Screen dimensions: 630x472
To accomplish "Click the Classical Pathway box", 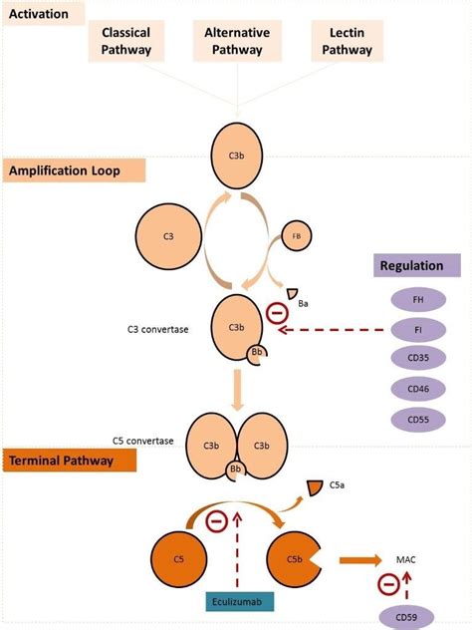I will pos(125,41).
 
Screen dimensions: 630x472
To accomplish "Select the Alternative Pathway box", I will pos(236,41).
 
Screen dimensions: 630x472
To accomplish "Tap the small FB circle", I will pos(296,237).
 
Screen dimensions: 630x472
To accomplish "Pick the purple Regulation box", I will pos(417,265).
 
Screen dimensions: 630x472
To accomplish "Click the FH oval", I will pos(417,300).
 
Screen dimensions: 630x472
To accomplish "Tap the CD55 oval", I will pos(417,420).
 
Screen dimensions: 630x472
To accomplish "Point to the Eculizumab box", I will pos(236,601).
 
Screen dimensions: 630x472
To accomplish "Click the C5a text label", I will pos(339,486).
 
